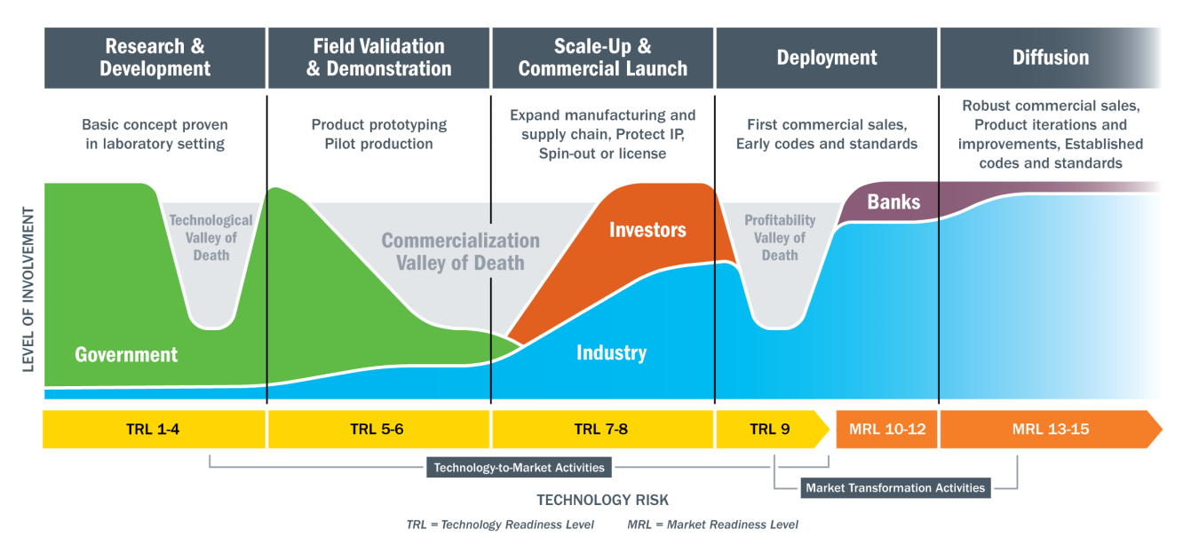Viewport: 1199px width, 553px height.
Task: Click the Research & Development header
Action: [x=155, y=58]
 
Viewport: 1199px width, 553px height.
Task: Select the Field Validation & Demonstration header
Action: [x=378, y=58]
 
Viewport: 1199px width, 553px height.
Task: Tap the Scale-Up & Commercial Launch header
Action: [x=602, y=58]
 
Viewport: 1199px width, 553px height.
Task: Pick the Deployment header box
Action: [x=826, y=58]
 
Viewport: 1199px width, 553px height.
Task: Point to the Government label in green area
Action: [x=126, y=355]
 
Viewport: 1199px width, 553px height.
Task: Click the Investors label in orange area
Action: [x=647, y=231]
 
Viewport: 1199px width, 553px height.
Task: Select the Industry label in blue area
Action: [x=611, y=353]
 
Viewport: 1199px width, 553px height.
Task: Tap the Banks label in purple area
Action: [x=893, y=201]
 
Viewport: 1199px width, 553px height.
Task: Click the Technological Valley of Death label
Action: [x=210, y=238]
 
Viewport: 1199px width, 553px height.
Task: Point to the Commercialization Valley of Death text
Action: [x=460, y=252]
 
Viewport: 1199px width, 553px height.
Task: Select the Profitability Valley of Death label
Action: [x=779, y=238]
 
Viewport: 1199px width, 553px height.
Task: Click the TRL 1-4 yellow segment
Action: [x=155, y=430]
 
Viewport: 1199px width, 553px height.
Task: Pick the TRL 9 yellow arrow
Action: [x=769, y=430]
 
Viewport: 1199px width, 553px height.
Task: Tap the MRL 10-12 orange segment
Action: [x=885, y=430]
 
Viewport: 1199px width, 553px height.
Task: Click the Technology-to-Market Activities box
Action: [x=519, y=467]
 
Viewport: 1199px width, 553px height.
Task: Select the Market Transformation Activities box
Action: [x=894, y=487]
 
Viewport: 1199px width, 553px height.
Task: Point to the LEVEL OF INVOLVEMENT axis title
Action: [x=28, y=289]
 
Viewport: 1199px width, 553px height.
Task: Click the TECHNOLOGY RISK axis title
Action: [x=602, y=500]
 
